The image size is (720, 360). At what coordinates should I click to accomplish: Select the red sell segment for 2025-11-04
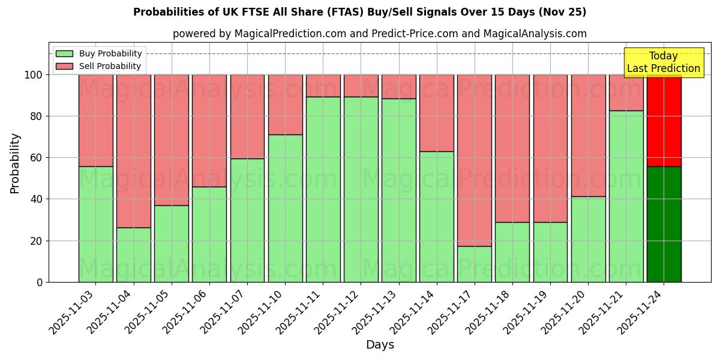click(133, 151)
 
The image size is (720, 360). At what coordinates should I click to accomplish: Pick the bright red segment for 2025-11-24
click(664, 120)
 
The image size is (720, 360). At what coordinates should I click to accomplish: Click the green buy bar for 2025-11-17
click(474, 264)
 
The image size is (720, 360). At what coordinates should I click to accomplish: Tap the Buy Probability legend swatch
click(64, 53)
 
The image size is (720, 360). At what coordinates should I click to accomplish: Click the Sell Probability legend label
click(110, 66)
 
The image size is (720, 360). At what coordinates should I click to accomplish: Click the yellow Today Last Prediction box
click(663, 62)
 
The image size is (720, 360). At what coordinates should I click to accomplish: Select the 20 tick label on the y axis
click(37, 241)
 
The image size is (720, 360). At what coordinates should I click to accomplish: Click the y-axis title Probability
click(15, 163)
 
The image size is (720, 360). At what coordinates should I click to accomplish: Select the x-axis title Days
click(380, 345)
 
